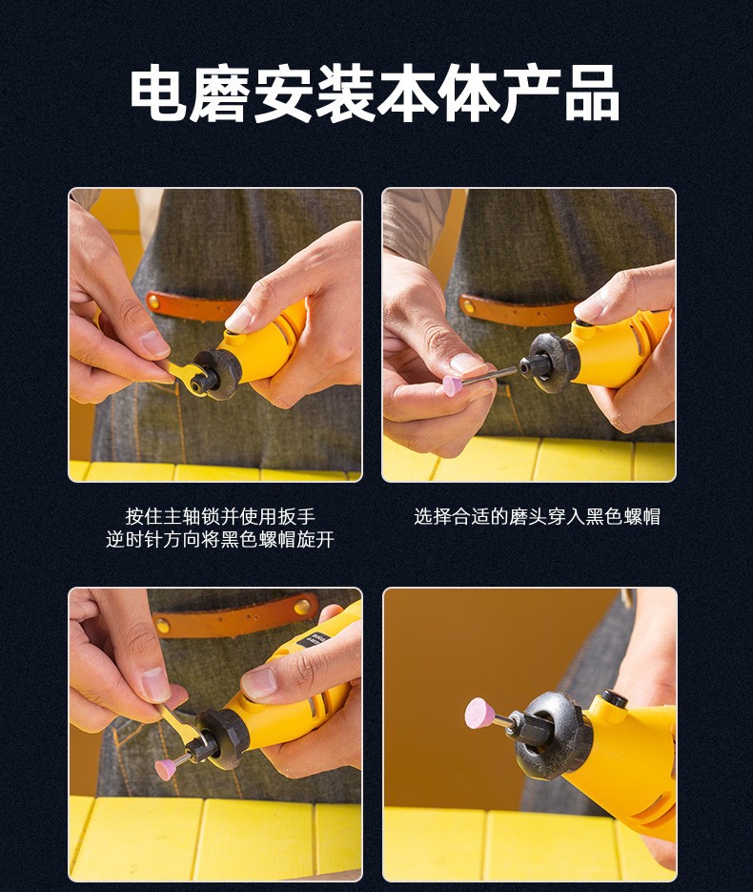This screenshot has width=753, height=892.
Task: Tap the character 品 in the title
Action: point(591,93)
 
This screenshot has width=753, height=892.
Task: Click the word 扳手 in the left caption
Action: point(296,516)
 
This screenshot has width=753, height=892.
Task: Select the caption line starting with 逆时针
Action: point(220,539)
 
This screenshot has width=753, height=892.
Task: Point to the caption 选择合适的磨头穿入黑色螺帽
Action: point(537,516)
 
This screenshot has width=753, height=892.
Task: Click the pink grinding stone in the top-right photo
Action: point(453,385)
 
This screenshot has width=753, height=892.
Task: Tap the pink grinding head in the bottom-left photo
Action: point(166,769)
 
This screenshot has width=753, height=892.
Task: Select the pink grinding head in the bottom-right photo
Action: point(480,714)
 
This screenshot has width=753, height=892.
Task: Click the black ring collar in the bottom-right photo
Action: point(550,735)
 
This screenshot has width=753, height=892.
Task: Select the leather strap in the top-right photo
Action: point(519,311)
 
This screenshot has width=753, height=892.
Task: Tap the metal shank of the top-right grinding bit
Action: point(490,376)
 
